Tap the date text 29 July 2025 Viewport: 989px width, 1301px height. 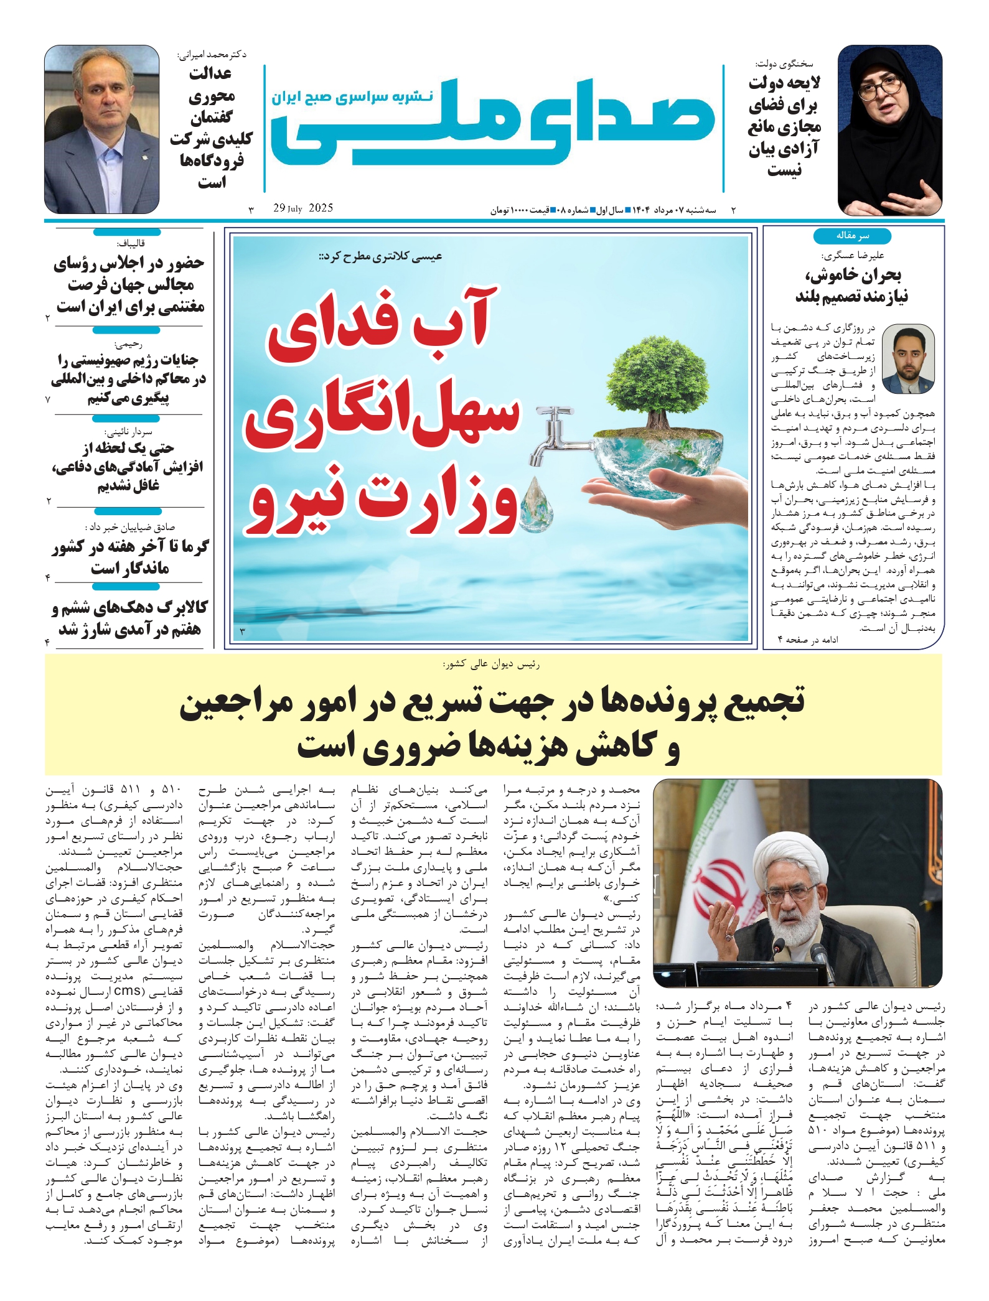pos(303,208)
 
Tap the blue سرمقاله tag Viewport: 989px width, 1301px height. pos(851,236)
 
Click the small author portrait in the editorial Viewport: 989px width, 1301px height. pos(909,359)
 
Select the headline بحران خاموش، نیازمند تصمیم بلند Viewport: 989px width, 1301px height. pos(851,286)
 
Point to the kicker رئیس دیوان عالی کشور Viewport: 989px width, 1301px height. pos(492,664)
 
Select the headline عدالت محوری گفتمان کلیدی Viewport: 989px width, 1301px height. pos(211,128)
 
